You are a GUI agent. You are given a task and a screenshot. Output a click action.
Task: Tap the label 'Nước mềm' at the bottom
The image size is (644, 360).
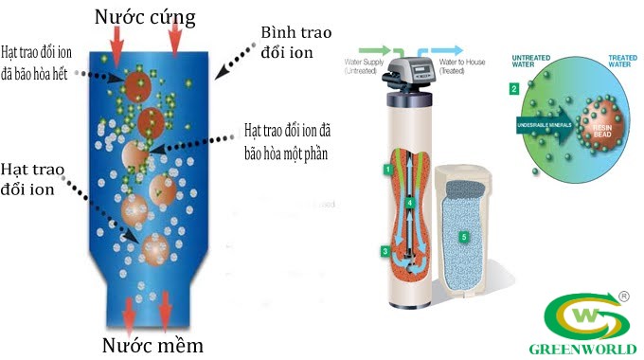(x=154, y=342)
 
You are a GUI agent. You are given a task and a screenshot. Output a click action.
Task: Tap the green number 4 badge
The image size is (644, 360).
(x=408, y=202)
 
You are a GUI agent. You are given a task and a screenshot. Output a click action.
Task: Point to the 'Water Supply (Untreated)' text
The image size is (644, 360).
(x=369, y=65)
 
